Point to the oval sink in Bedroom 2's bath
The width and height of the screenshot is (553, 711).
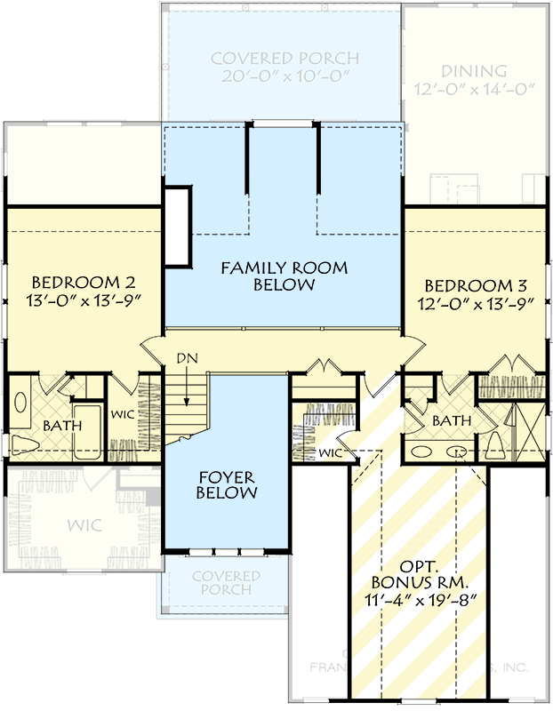(20, 401)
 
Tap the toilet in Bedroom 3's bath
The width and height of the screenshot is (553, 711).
(493, 445)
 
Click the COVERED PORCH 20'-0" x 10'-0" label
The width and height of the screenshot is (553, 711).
(285, 68)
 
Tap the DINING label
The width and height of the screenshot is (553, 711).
(473, 70)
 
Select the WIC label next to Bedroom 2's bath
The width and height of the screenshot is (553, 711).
(122, 414)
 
